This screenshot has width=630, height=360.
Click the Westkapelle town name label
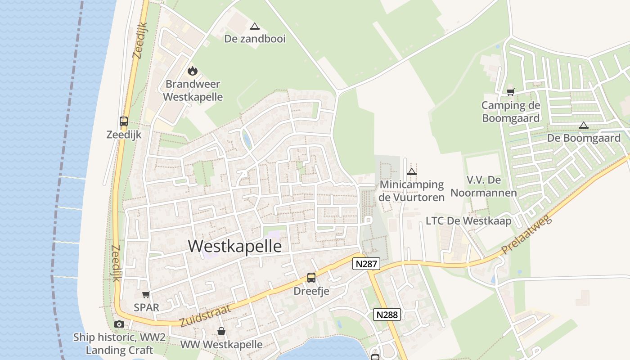(235, 246)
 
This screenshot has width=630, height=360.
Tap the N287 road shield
(366, 264)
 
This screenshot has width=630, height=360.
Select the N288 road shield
(387, 315)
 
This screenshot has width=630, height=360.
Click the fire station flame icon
(193, 71)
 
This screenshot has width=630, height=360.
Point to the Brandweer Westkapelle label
(193, 90)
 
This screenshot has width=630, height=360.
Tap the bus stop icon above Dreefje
(311, 277)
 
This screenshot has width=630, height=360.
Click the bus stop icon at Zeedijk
(124, 121)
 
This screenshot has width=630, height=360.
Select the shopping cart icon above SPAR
(146, 295)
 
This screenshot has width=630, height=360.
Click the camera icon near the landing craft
(119, 324)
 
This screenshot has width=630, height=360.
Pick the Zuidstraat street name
(205, 315)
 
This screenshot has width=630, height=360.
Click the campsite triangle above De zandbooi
(255, 27)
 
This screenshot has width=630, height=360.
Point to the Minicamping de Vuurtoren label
(412, 191)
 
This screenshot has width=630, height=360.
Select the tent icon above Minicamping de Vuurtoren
(411, 171)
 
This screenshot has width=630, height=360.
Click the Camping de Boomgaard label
(511, 112)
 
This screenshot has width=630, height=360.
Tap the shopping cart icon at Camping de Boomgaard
(510, 92)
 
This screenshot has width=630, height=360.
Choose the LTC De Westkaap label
(468, 221)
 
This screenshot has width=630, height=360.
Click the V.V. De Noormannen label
(484, 186)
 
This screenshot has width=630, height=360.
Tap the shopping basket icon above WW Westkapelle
(221, 331)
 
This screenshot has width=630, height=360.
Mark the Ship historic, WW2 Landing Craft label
(119, 343)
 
